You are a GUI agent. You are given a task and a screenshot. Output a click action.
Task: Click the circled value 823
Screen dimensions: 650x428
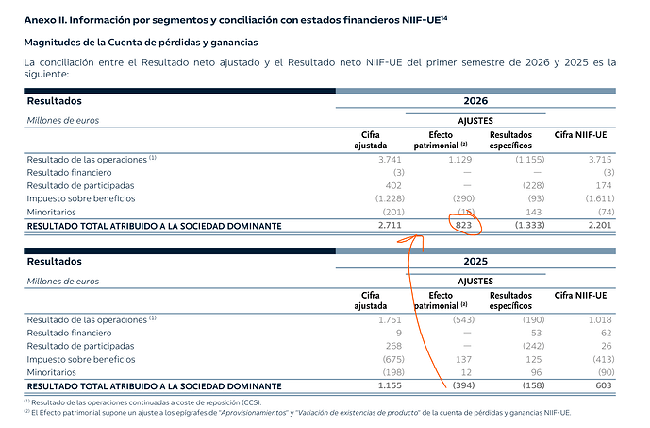[463, 225]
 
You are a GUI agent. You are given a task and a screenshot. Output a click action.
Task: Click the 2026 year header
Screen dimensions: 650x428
[475, 101]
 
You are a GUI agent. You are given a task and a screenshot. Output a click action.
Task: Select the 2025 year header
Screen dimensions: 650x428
[475, 261]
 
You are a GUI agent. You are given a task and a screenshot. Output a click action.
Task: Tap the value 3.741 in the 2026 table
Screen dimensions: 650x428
[390, 160]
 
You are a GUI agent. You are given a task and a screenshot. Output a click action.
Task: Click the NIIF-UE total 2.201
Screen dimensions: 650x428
[599, 225]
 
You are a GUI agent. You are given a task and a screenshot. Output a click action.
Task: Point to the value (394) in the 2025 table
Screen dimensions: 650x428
[463, 385]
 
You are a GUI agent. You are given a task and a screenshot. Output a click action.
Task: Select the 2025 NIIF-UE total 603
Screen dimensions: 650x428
[604, 385]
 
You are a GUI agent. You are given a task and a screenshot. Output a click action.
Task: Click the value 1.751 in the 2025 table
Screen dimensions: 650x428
[390, 319]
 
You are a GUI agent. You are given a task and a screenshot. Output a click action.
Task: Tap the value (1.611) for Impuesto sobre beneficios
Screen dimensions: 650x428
[600, 198]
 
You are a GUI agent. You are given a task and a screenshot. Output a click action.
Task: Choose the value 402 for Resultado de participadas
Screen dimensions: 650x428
[393, 185]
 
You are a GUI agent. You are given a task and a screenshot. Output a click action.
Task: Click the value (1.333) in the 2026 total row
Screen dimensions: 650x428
[529, 225]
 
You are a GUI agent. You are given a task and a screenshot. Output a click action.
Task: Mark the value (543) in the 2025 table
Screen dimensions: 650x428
[463, 319]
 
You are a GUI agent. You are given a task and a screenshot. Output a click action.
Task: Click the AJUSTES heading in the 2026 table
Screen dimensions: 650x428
[475, 121]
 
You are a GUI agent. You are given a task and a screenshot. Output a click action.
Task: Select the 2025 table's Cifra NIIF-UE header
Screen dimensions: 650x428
[580, 295]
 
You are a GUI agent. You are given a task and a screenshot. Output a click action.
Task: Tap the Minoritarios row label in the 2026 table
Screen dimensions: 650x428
[51, 213]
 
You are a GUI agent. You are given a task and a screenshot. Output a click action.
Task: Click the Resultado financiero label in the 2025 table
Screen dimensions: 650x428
[69, 333]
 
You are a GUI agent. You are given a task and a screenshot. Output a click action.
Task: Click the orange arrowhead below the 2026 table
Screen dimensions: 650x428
[417, 236]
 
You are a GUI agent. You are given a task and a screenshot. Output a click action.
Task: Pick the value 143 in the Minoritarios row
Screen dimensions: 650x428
[534, 213]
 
